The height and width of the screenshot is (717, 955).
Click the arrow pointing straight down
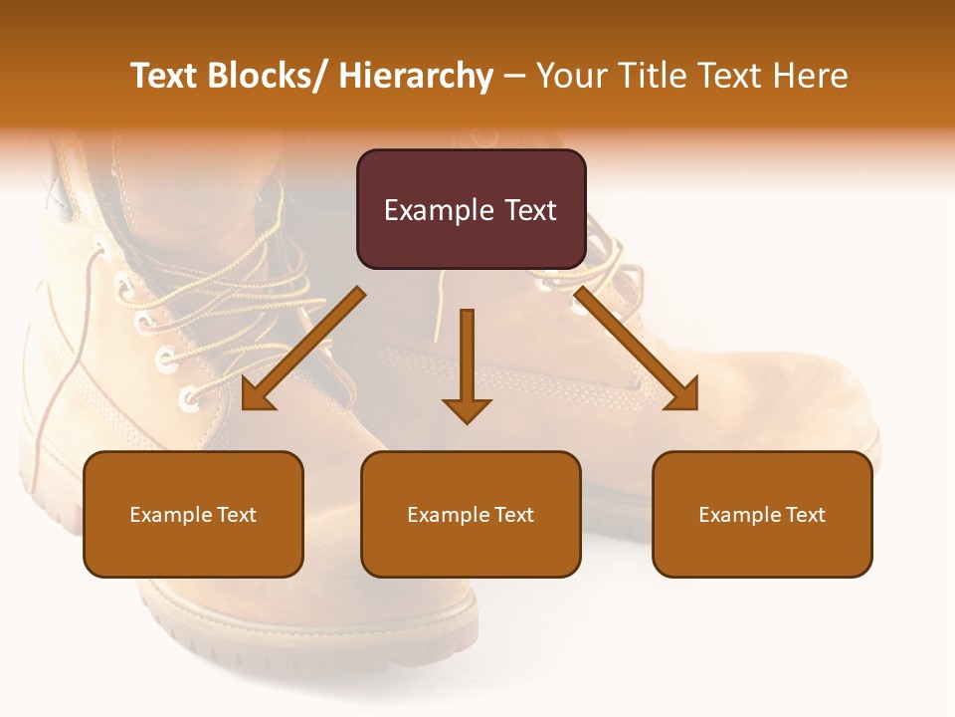point(467,358)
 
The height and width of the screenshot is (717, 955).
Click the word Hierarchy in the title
point(416,76)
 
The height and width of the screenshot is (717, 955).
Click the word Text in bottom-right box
point(805,515)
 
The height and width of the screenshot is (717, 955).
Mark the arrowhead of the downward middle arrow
point(467,410)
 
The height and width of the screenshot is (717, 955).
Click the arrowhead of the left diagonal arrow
point(256,395)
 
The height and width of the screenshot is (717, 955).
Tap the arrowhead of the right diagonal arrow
point(683,395)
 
